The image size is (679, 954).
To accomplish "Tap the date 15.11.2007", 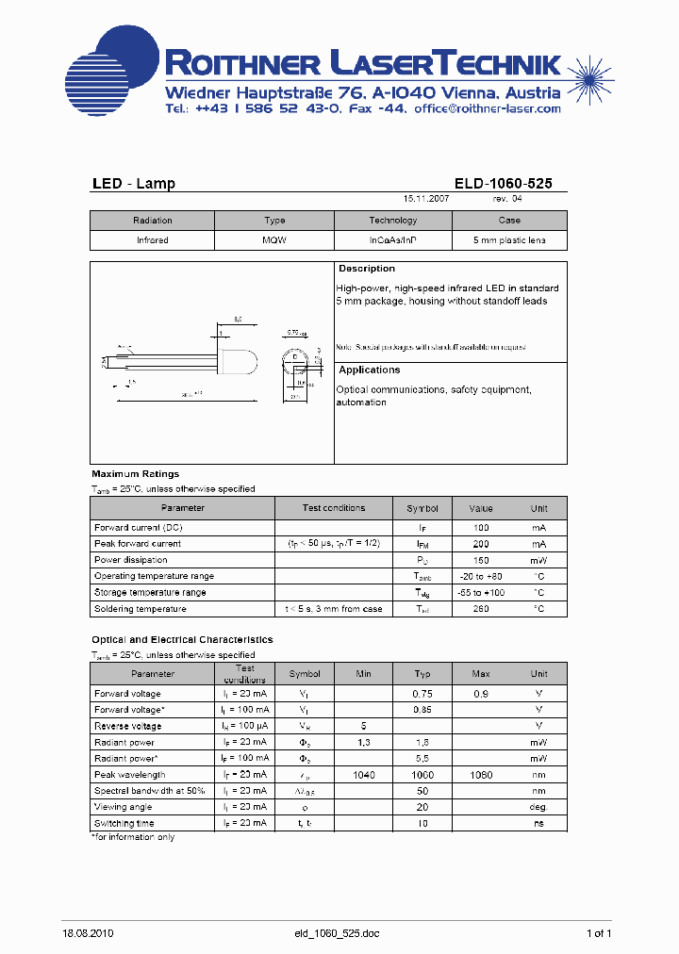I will pyautogui.click(x=426, y=200).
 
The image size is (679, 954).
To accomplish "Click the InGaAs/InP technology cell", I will pyautogui.click(x=392, y=240).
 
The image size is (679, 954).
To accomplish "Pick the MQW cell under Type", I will pyautogui.click(x=274, y=240).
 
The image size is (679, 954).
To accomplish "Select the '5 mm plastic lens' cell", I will pyautogui.click(x=509, y=240).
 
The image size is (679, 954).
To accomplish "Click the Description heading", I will pyautogui.click(x=367, y=270).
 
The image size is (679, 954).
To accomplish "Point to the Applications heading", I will pyautogui.click(x=370, y=370).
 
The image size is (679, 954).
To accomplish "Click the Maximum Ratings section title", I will pyautogui.click(x=135, y=474).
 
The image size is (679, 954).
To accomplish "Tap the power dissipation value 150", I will pyautogui.click(x=481, y=560).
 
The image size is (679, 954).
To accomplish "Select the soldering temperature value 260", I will pyautogui.click(x=481, y=609).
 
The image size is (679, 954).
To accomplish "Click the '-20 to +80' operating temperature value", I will pyautogui.click(x=481, y=576).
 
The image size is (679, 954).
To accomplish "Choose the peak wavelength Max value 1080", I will pyautogui.click(x=481, y=775).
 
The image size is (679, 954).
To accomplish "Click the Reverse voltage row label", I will pyautogui.click(x=128, y=726).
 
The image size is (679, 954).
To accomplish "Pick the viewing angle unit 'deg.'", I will pyautogui.click(x=538, y=807).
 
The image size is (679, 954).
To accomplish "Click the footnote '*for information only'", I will pyautogui.click(x=133, y=837).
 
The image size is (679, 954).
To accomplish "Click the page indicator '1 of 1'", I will pyautogui.click(x=599, y=933).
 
